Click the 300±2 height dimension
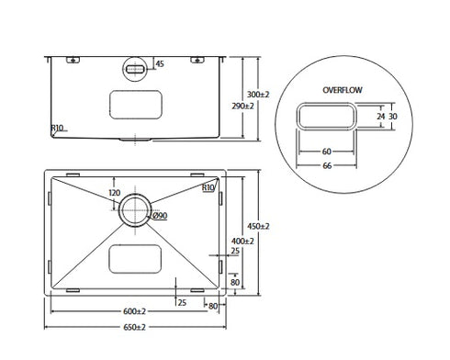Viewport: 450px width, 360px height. pos(259,95)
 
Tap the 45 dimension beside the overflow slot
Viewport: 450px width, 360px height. pos(160,64)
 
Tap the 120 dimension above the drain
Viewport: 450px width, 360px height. pos(115,194)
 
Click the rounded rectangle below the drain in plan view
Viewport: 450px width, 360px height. pos(135,258)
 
